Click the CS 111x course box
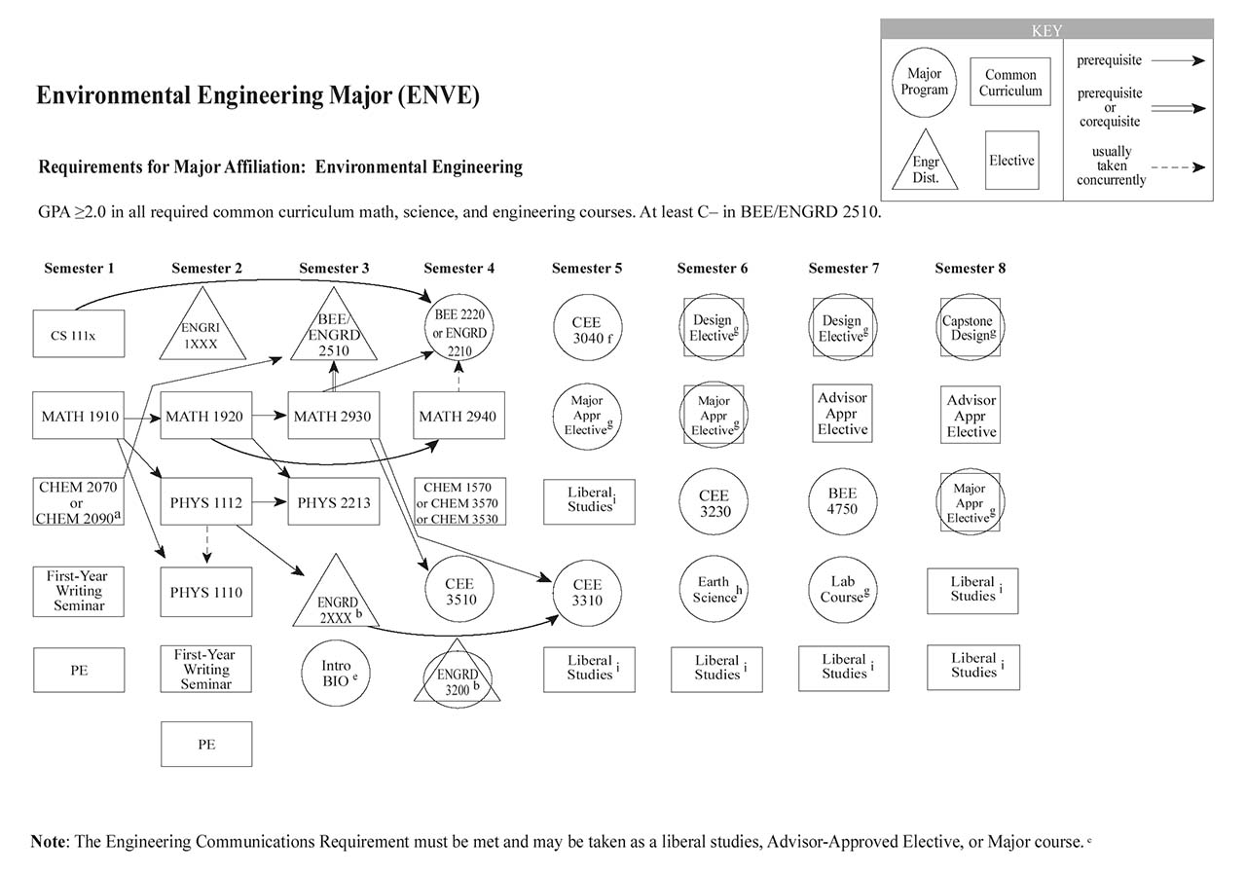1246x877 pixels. tap(79, 334)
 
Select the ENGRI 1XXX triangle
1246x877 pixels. tap(202, 327)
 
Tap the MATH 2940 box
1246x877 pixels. tap(458, 417)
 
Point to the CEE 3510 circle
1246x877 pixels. tap(460, 592)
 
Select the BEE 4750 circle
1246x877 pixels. tap(842, 500)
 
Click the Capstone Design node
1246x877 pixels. tap(971, 329)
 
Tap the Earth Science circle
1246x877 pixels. tap(715, 590)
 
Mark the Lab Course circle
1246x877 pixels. tap(842, 590)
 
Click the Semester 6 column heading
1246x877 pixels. tap(713, 269)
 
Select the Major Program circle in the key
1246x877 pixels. tap(924, 82)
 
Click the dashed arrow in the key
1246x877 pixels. tap(1181, 166)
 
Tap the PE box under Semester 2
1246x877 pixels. tap(206, 745)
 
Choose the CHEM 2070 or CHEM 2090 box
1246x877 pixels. tap(79, 502)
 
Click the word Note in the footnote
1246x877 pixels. tap(48, 842)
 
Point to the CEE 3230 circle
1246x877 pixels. tap(715, 502)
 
